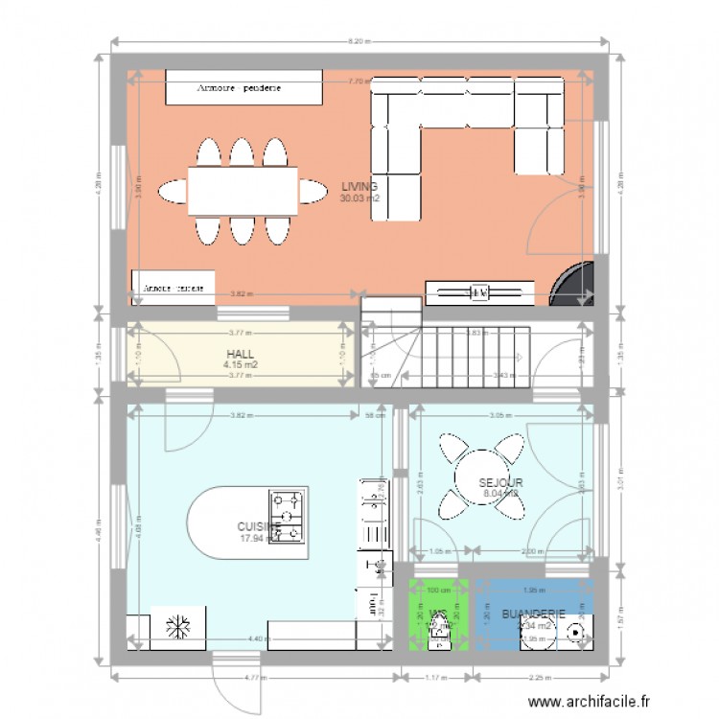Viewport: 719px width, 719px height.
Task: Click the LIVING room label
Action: tap(359, 187)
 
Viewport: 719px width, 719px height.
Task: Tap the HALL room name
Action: tap(240, 353)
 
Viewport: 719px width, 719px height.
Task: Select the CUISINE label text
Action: tap(257, 526)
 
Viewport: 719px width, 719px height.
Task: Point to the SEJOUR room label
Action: tap(500, 482)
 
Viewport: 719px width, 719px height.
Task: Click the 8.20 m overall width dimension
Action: tap(359, 42)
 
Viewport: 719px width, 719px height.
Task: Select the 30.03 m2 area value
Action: tap(359, 198)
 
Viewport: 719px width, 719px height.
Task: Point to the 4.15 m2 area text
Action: tap(240, 364)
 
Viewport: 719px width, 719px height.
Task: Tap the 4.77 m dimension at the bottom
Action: tap(253, 679)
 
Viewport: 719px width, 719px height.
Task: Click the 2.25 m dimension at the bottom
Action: tap(540, 679)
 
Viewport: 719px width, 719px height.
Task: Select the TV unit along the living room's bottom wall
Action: tap(477, 290)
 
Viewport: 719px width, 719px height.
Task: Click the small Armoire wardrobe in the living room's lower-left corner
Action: tap(173, 287)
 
